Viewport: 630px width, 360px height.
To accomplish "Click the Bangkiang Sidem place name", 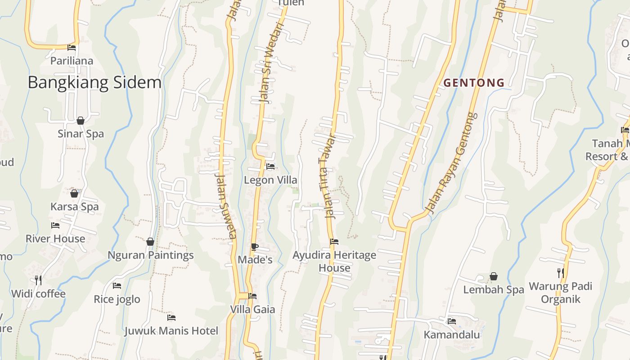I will [x=94, y=83].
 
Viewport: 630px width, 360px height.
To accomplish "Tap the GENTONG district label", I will [x=474, y=83].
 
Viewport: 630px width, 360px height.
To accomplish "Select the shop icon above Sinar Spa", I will [x=81, y=121].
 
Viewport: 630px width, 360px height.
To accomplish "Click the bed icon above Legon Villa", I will [x=270, y=166].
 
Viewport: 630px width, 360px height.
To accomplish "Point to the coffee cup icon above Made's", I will [x=254, y=247].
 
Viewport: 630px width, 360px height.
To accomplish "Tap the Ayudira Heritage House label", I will [x=334, y=261].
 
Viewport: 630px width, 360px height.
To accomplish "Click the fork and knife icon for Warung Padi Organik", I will [x=560, y=273].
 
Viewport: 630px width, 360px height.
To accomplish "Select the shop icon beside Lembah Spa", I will [x=494, y=276].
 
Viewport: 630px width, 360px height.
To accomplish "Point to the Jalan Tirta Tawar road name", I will [x=328, y=175].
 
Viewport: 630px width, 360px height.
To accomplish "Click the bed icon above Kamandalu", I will [x=452, y=321].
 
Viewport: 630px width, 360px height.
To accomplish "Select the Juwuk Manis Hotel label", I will [x=171, y=331].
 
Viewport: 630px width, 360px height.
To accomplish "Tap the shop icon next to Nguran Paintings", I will [x=150, y=242].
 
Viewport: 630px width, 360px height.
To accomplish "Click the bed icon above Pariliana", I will [x=72, y=48].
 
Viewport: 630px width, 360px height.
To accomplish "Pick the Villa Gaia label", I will [x=252, y=310].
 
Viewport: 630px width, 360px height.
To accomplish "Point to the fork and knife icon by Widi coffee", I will [x=38, y=280].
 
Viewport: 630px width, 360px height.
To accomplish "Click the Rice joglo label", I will [x=117, y=299].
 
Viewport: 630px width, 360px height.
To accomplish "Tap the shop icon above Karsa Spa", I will [x=74, y=193].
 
